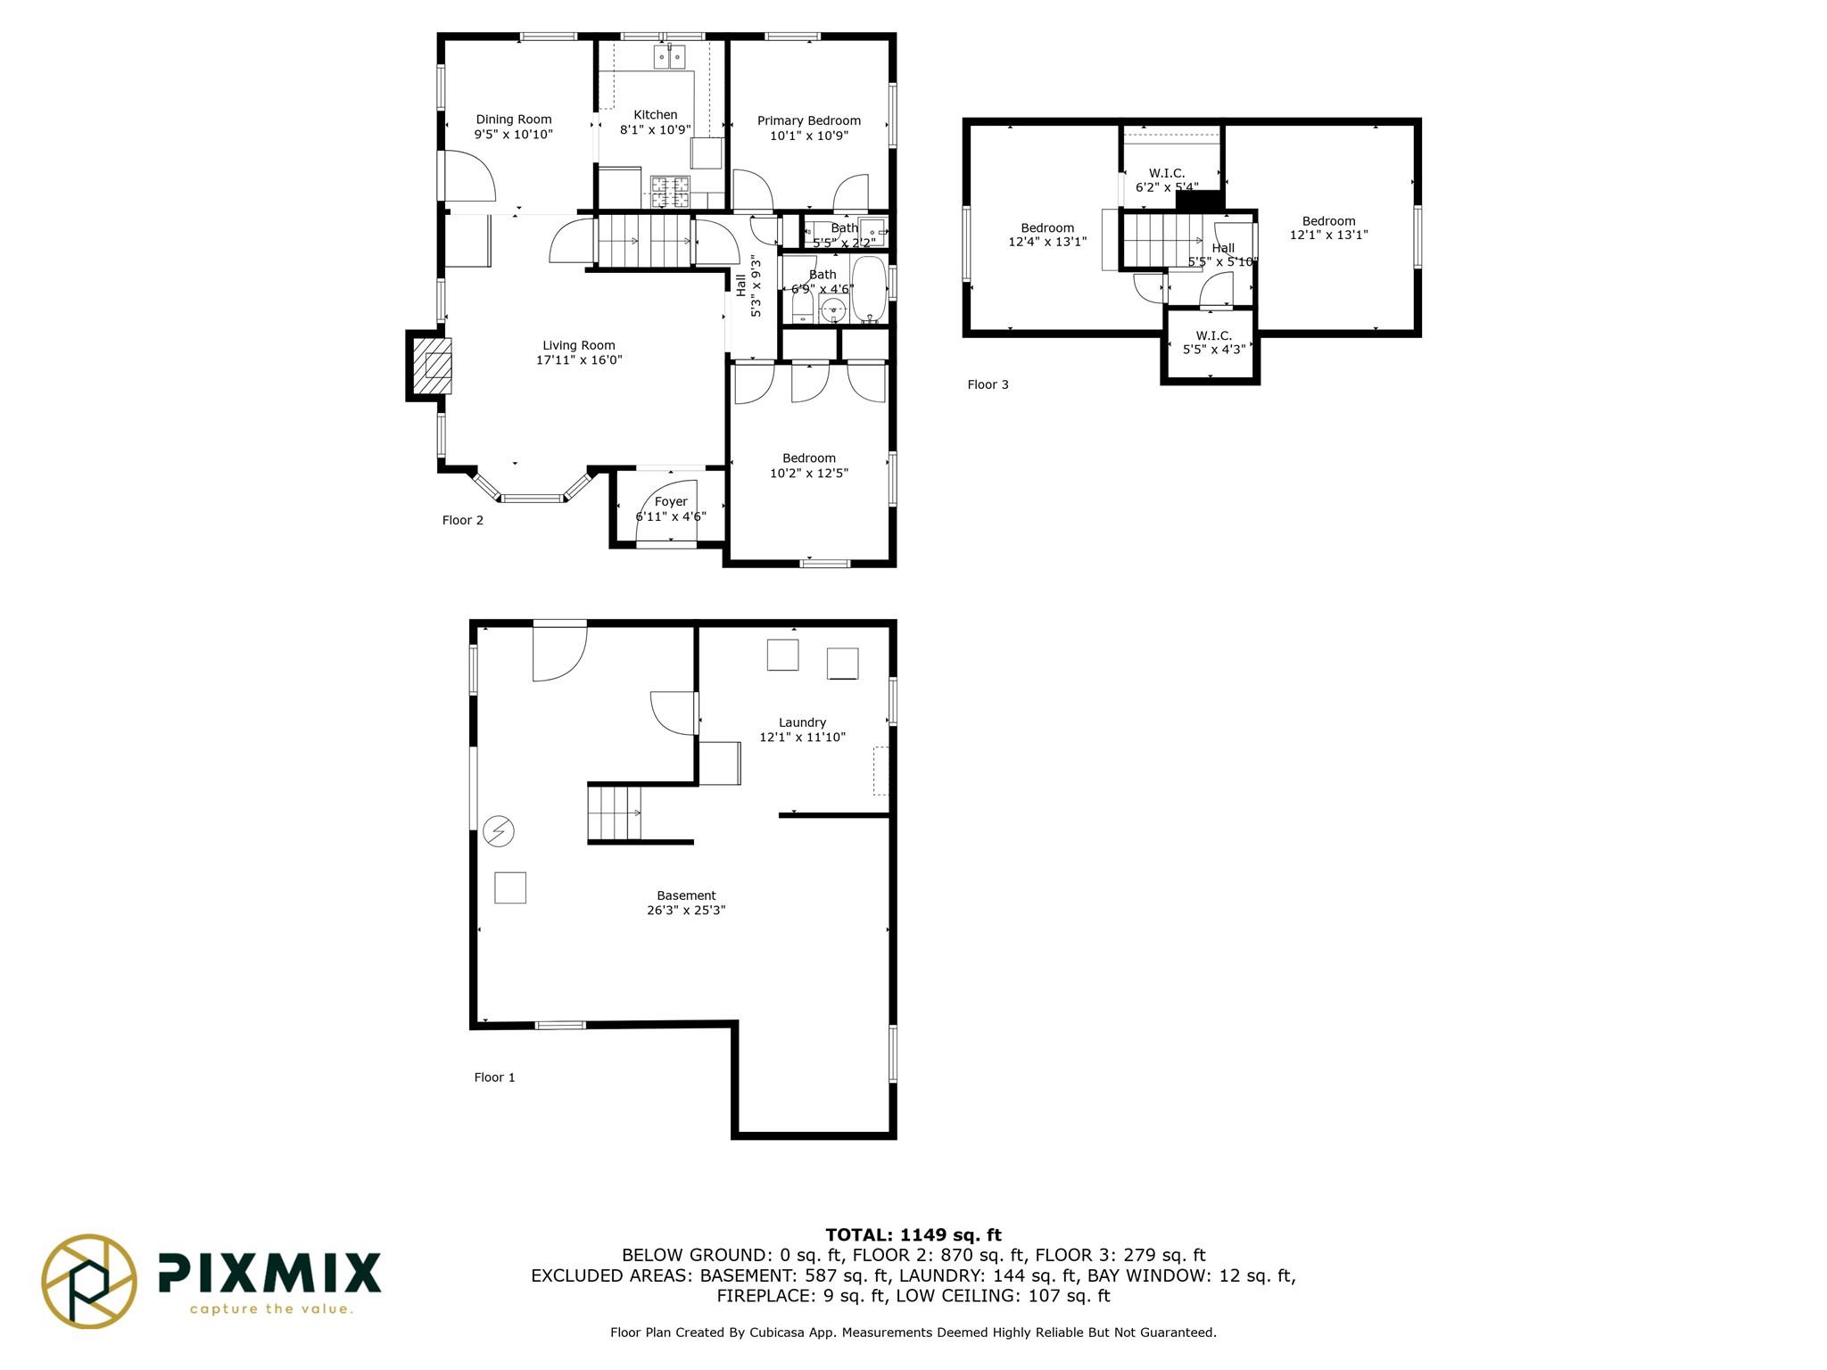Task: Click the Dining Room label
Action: (513, 120)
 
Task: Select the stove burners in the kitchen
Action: (670, 186)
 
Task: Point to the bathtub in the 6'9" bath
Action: (868, 290)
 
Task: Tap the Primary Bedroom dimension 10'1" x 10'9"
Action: (808, 136)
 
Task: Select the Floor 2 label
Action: (462, 520)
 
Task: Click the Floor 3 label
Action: (988, 384)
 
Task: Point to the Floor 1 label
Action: (494, 1077)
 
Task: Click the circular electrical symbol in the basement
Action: (499, 831)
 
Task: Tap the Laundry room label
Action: (802, 722)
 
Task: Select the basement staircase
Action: (615, 813)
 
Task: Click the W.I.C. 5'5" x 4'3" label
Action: (1213, 342)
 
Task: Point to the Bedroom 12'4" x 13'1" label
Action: (1047, 235)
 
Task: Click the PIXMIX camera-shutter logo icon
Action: (89, 1282)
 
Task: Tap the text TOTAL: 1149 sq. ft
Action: (913, 1235)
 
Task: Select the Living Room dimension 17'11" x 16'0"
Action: (578, 360)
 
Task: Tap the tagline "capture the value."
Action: (271, 1309)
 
